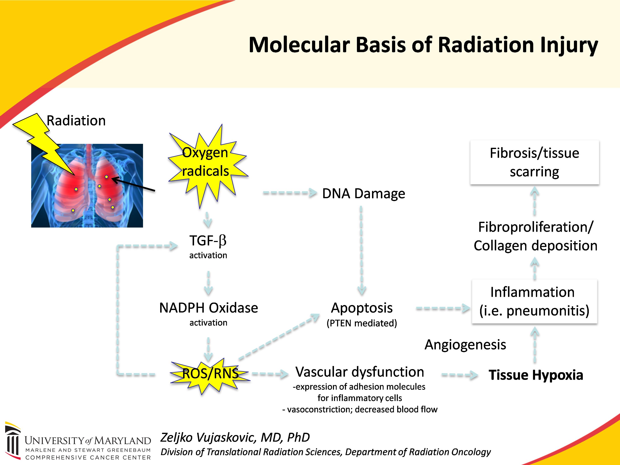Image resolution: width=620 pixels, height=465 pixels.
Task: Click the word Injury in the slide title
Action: coord(569,46)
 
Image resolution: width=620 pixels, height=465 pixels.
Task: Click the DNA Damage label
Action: coord(364,194)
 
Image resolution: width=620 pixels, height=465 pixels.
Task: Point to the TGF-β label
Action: coord(208,241)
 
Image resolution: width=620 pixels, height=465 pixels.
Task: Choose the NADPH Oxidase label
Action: coord(209,308)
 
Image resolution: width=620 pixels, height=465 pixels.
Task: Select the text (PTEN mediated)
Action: coord(362,323)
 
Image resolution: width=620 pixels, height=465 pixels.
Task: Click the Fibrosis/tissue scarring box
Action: coord(534,162)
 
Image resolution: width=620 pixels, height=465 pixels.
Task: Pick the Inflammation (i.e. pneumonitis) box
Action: coord(534,302)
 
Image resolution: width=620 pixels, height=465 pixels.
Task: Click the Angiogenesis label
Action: coord(465,345)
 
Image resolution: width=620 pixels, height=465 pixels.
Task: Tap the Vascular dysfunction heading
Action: coord(360,372)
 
